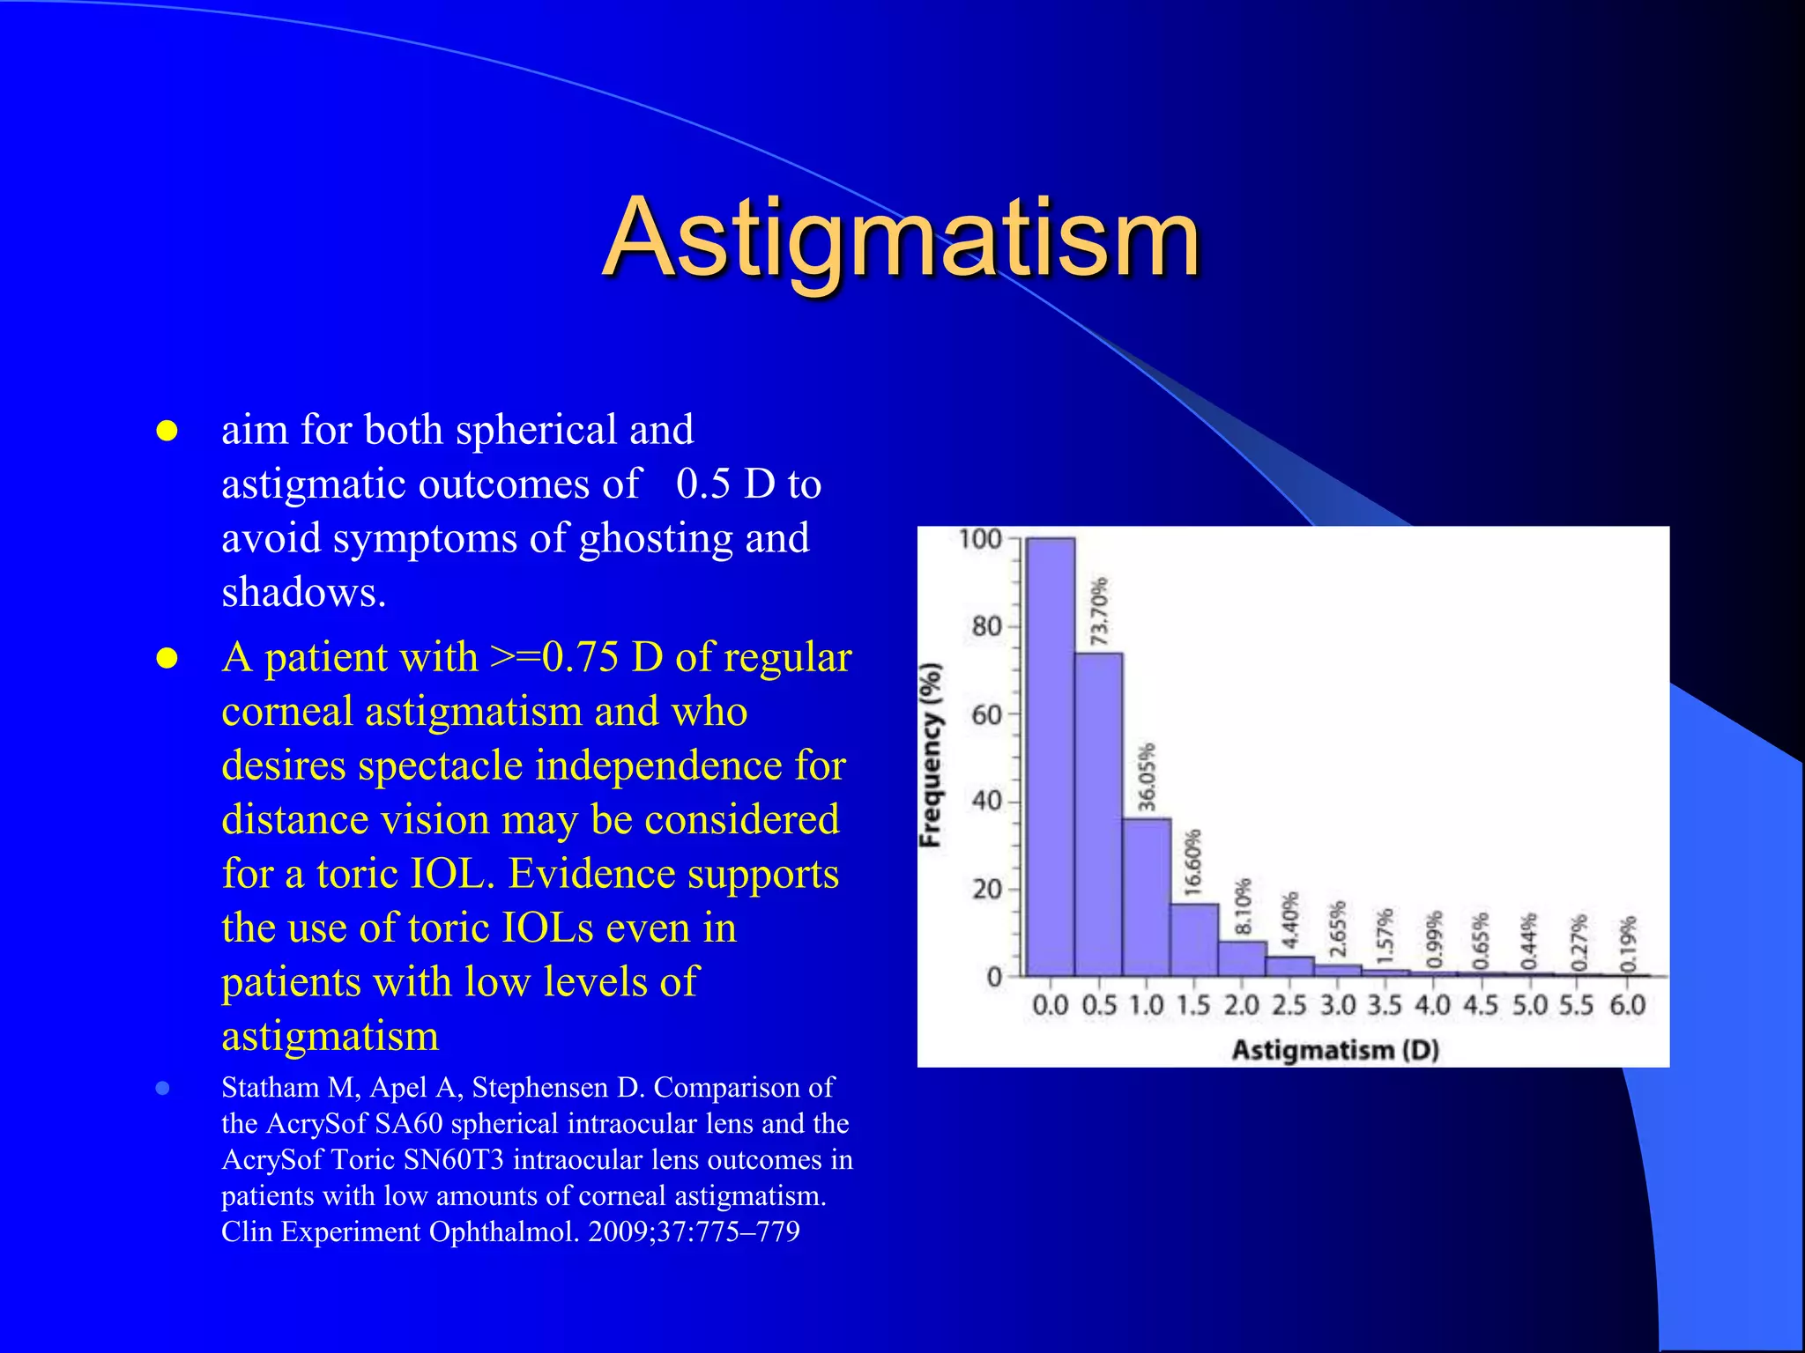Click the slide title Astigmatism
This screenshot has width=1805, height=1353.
pyautogui.click(x=901, y=238)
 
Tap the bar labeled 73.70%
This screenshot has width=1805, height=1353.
pyautogui.click(x=1098, y=814)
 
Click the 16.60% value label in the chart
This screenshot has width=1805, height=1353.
pyautogui.click(x=1192, y=862)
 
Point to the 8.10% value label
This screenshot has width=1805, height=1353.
pyautogui.click(x=1243, y=906)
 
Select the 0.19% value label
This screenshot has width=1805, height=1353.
pyautogui.click(x=1629, y=943)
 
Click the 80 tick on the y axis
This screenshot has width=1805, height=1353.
pyautogui.click(x=986, y=627)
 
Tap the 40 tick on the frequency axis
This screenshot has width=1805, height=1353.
pyautogui.click(x=986, y=802)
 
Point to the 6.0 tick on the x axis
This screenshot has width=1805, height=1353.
pyautogui.click(x=1627, y=1005)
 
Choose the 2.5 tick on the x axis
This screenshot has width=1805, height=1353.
pyautogui.click(x=1289, y=1005)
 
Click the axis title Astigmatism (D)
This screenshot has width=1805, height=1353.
pyautogui.click(x=1334, y=1050)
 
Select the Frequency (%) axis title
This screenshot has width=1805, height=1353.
pyautogui.click(x=931, y=755)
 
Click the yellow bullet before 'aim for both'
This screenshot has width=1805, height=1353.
pyautogui.click(x=167, y=432)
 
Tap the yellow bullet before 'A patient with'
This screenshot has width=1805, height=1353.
pyautogui.click(x=167, y=659)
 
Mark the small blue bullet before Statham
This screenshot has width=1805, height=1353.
pyautogui.click(x=162, y=1089)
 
